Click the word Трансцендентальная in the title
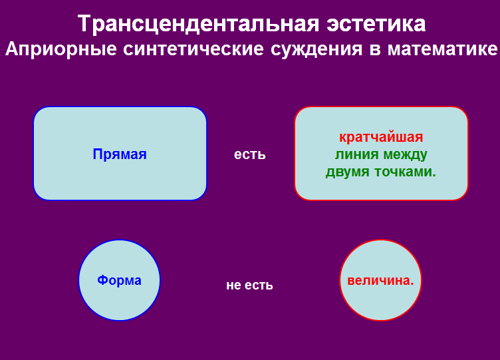click(x=198, y=24)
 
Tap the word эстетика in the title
click(x=376, y=24)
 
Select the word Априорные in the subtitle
click(x=61, y=49)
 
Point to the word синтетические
click(x=193, y=49)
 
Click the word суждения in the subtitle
click(x=316, y=50)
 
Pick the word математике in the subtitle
click(x=442, y=49)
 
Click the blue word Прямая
click(x=120, y=154)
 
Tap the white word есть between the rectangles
click(x=250, y=154)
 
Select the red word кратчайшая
click(x=381, y=137)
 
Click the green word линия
click(x=356, y=154)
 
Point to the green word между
click(x=405, y=155)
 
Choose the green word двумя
click(x=347, y=172)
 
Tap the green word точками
click(x=405, y=172)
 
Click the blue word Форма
click(x=119, y=280)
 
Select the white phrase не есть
click(x=250, y=285)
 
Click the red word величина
click(x=380, y=281)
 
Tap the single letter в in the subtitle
click(x=375, y=51)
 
